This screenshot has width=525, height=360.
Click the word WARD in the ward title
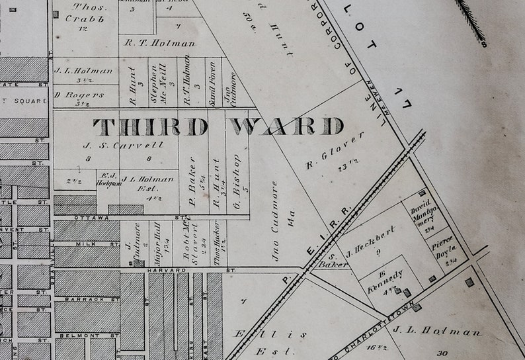coord(286,126)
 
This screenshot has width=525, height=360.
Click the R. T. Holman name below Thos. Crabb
coord(160,43)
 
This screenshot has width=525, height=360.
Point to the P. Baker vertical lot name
coord(192,177)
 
